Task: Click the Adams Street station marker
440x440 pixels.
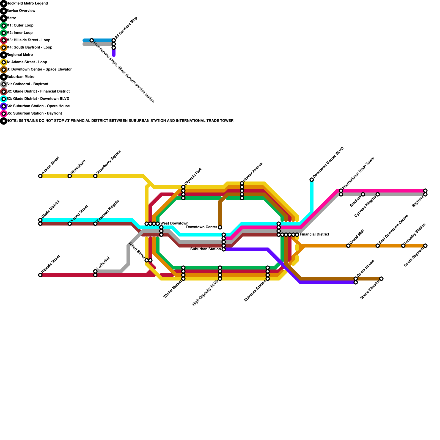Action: point(40,176)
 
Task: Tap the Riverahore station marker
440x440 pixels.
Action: point(70,176)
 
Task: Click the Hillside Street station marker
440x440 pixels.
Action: point(40,275)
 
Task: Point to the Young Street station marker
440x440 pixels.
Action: point(70,224)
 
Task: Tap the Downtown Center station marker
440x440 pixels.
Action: point(220,227)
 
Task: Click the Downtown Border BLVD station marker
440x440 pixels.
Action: point(312,180)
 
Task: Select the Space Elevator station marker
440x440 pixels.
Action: point(381,279)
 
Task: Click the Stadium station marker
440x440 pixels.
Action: point(363,194)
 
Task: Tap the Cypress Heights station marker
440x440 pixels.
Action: point(378,194)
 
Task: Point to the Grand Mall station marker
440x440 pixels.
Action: point(348,246)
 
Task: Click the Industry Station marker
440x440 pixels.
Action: point(403,246)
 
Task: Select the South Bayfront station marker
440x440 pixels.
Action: point(425,246)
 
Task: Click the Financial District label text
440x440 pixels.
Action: point(314,235)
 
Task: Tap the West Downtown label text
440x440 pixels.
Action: point(174,223)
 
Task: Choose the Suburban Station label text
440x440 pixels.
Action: point(206,249)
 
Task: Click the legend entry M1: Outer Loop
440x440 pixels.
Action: point(20,26)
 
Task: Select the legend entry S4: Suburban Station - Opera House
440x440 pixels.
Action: point(38,106)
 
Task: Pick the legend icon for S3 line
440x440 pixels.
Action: point(4,99)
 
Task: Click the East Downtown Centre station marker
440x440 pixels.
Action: point(378,246)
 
